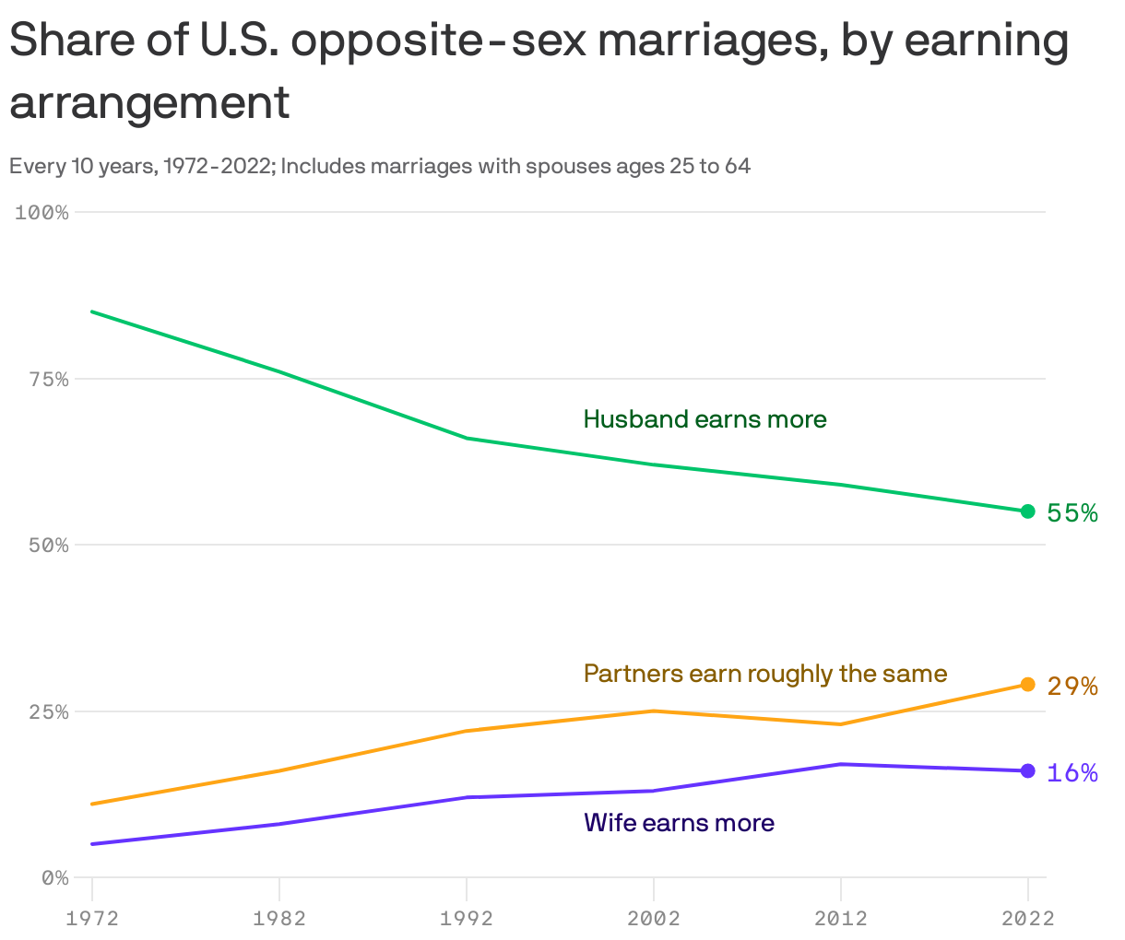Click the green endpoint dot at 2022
pyautogui.click(x=1027, y=511)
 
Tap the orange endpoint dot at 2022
pyautogui.click(x=1027, y=685)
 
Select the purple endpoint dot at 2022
pyautogui.click(x=1027, y=770)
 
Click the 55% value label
pyautogui.click(x=1072, y=513)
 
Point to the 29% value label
pyautogui.click(x=1072, y=687)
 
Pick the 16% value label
pyautogui.click(x=1072, y=773)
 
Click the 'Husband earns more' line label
pyautogui.click(x=705, y=419)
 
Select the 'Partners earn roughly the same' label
pyautogui.click(x=765, y=674)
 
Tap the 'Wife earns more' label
pyautogui.click(x=679, y=823)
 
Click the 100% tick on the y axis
pyautogui.click(x=42, y=213)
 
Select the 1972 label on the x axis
pyautogui.click(x=92, y=918)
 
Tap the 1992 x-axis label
pyautogui.click(x=467, y=918)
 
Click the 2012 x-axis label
pyautogui.click(x=840, y=918)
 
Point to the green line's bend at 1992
pyautogui.click(x=467, y=438)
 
